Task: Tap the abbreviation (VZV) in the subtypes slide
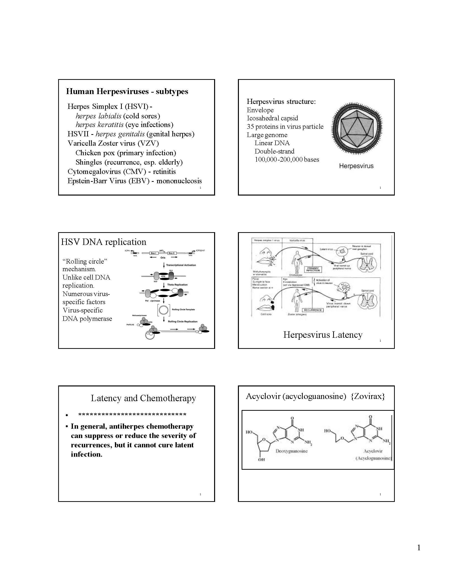coord(148,143)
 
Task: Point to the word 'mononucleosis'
coord(179,181)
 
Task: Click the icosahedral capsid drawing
coord(357,128)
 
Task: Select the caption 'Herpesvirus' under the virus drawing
coord(356,166)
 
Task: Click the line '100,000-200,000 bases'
coord(287,160)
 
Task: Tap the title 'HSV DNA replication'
coord(103,242)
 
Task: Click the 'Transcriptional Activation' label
coord(181,265)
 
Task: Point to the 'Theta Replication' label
coord(177,285)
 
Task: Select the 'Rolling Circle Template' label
coord(183,309)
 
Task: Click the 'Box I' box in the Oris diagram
coord(153,253)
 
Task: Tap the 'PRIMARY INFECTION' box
coord(313,269)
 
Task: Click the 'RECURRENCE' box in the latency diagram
coord(313,310)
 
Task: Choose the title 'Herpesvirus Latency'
coord(322,335)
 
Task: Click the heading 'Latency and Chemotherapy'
coord(143,398)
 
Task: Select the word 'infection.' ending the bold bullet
coord(86,454)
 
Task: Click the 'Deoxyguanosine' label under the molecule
coord(291,451)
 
